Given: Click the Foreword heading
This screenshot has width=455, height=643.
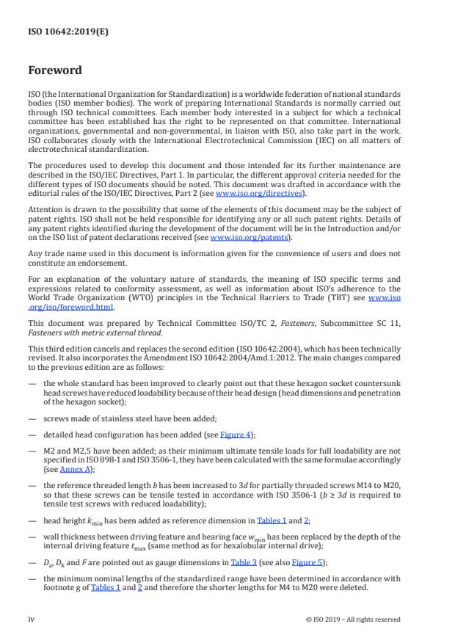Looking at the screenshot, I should tap(55, 71).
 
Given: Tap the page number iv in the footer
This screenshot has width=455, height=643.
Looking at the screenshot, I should tap(32, 619).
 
